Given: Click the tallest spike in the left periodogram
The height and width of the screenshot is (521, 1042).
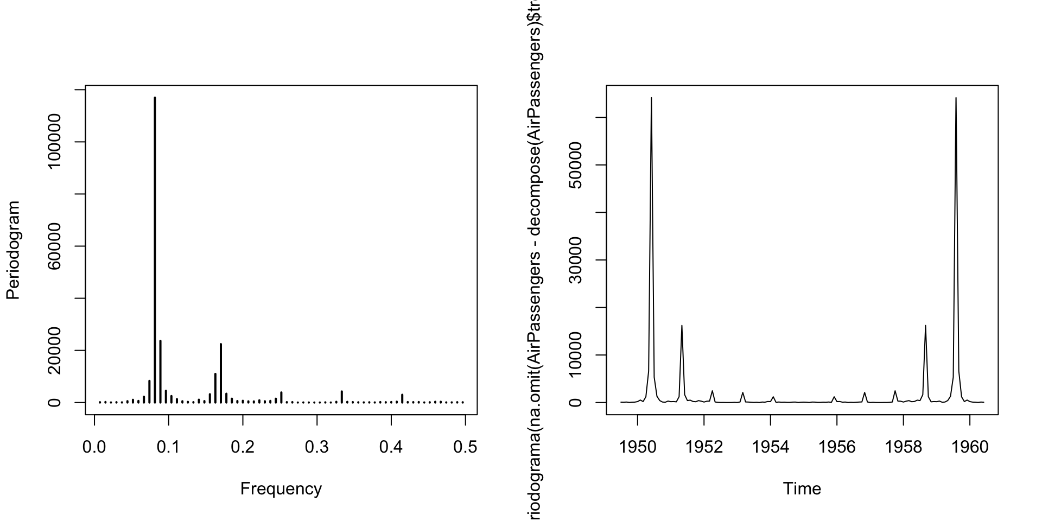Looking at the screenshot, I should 155,217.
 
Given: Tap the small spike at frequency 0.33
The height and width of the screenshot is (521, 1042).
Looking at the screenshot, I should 341,396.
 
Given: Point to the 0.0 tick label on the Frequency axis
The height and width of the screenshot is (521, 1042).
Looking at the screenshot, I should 94,447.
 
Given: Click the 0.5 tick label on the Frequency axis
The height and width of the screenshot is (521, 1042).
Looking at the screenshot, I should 465,447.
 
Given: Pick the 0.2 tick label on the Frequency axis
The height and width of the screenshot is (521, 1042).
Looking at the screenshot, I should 243,447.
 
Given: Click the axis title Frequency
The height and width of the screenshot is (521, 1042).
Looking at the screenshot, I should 281,489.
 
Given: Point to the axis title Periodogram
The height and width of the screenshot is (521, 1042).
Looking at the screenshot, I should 13,250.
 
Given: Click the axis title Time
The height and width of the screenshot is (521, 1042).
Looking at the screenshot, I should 802,489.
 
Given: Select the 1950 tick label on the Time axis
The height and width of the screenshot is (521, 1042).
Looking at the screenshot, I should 638,447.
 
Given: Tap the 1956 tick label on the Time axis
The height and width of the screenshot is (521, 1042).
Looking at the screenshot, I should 837,447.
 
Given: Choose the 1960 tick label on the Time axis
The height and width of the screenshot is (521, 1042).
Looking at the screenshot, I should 970,447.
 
